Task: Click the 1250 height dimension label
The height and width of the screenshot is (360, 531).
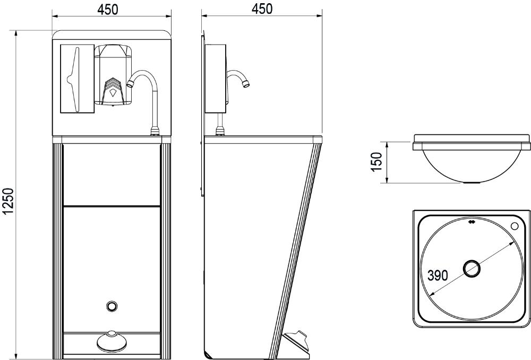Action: pyautogui.click(x=7, y=201)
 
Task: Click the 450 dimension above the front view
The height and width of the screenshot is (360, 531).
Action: pyautogui.click(x=108, y=10)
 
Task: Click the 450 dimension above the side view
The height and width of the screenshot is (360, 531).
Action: pyautogui.click(x=262, y=9)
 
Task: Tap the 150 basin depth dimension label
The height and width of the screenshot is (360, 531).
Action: pyautogui.click(x=376, y=162)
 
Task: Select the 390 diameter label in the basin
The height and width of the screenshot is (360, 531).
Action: pyautogui.click(x=438, y=276)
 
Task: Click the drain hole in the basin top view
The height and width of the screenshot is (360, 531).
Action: pyautogui.click(x=472, y=269)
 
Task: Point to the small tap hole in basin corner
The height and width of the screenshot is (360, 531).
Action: pyautogui.click(x=515, y=226)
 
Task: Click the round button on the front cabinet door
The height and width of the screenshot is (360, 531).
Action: pyautogui.click(x=111, y=306)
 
